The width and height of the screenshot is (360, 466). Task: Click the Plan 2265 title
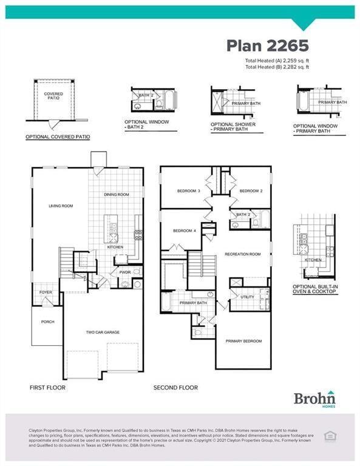(268, 46)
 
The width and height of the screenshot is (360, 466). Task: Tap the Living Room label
(61, 206)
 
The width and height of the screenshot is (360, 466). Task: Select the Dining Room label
(117, 195)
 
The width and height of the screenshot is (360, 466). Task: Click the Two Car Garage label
(103, 333)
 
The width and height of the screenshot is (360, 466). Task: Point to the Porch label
(47, 322)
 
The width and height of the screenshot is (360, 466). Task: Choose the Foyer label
(46, 292)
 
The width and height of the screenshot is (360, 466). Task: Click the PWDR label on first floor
(125, 272)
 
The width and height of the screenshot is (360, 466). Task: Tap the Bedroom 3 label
(188, 191)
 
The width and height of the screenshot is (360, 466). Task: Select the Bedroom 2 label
(250, 191)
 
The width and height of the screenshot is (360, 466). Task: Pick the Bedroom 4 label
(184, 231)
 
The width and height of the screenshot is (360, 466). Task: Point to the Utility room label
(247, 297)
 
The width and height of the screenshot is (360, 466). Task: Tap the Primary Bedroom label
(243, 341)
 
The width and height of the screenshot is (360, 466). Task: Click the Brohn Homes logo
(314, 399)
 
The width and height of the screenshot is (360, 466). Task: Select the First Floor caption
(47, 387)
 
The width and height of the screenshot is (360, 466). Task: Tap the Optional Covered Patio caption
(58, 137)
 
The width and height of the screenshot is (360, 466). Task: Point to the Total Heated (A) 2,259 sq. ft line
(277, 61)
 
